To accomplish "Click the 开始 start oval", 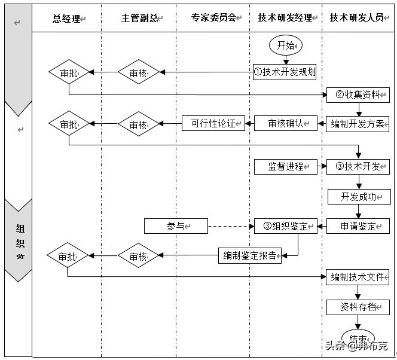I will click(286, 45).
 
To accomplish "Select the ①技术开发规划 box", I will click(285, 72).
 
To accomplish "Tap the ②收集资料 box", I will click(358, 94).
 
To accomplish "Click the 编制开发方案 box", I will click(358, 124).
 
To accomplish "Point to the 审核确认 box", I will click(285, 124).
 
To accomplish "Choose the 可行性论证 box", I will click(213, 124).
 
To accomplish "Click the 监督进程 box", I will click(285, 167).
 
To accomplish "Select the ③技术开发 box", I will click(358, 167).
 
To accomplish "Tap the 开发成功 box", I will click(358, 197).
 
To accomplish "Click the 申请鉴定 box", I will click(358, 226).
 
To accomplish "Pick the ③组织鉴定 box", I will click(285, 226).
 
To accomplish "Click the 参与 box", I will click(176, 226).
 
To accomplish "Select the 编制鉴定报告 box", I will click(249, 255).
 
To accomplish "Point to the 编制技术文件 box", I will click(358, 277).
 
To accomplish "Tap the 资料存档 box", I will click(358, 307).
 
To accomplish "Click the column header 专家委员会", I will click(213, 18).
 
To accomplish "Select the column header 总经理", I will click(66, 18).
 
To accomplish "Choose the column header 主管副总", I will click(139, 18).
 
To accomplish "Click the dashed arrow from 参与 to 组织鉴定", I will click(231, 226).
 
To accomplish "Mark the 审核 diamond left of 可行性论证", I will click(139, 124).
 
